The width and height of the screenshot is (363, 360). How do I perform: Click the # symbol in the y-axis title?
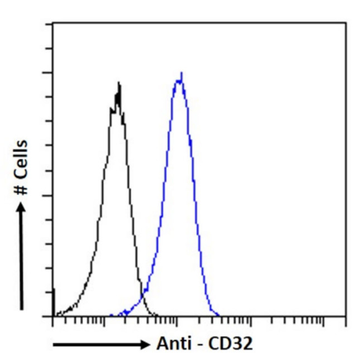tap(22, 189)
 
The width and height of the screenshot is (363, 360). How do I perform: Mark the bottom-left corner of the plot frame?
tap(53, 316)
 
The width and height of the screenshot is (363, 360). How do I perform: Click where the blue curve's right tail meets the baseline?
tap(219, 316)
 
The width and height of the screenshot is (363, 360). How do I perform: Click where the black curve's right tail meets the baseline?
tap(157, 316)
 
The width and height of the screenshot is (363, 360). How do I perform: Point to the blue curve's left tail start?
tap(111, 315)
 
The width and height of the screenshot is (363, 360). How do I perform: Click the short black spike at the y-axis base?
tap(54, 301)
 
